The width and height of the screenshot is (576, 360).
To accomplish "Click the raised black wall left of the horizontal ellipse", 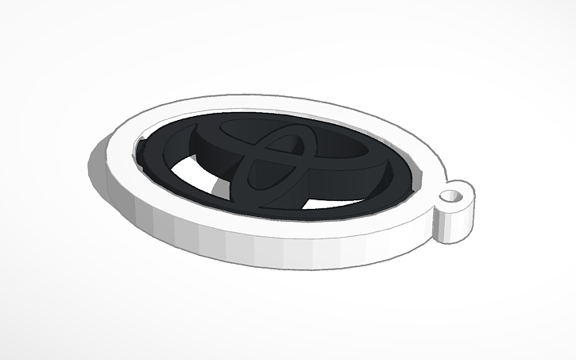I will click(195, 143).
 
